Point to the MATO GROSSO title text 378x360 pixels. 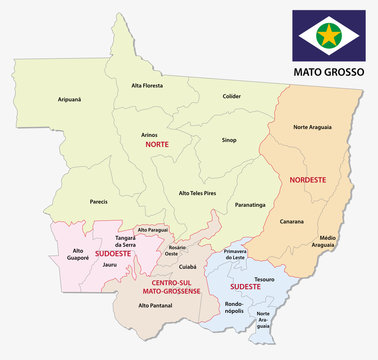tap(325, 73)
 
